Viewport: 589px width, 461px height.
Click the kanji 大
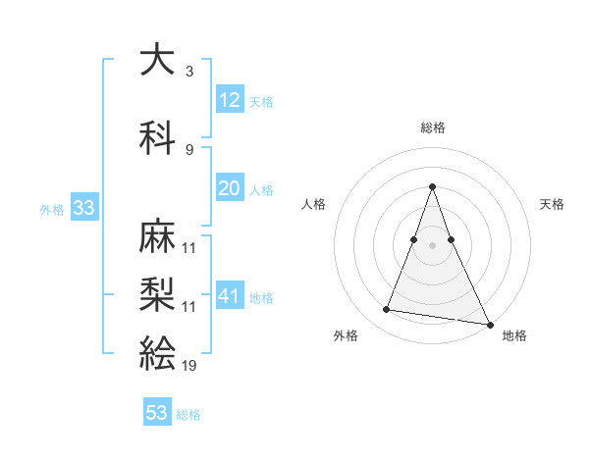click(x=159, y=61)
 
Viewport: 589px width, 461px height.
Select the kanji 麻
click(x=159, y=237)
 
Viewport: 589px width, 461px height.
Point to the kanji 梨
click(x=159, y=294)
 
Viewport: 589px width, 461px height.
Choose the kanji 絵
click(x=159, y=351)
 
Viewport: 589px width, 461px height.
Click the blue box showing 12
click(x=230, y=100)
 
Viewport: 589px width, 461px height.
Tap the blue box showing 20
click(x=230, y=188)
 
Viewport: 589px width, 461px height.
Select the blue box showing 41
click(x=230, y=296)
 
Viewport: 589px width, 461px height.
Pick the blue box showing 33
click(x=83, y=208)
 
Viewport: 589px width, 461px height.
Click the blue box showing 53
click(x=157, y=413)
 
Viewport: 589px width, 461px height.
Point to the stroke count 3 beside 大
click(x=189, y=72)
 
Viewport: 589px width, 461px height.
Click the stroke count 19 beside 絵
click(x=189, y=365)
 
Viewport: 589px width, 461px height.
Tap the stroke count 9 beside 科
click(x=189, y=149)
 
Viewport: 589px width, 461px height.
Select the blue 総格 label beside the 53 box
click(x=188, y=415)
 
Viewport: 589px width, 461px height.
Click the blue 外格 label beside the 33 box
click(x=52, y=210)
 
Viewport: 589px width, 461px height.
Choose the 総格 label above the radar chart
click(x=433, y=128)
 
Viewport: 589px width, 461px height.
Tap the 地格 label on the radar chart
click(x=514, y=335)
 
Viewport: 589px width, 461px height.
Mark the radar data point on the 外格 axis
click(x=387, y=310)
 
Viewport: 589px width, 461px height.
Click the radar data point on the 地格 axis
click(x=490, y=324)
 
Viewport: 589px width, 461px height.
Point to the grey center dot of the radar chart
click(x=433, y=246)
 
